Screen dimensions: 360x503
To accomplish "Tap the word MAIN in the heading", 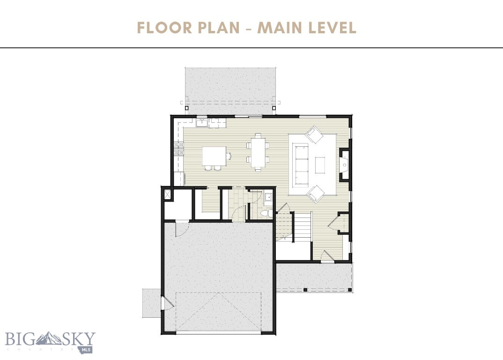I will click(280, 28).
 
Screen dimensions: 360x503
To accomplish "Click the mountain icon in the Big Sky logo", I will click(48, 338).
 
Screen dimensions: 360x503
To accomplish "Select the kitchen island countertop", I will click(214, 156).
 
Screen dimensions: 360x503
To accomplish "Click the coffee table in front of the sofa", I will click(320, 165).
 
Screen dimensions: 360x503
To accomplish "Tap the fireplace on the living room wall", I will click(344, 165).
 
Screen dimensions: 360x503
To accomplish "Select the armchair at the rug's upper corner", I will click(314, 135).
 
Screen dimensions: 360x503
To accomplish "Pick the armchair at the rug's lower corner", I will click(315, 193).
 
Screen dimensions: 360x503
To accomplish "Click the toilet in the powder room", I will click(266, 213).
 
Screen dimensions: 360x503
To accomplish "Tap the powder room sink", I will click(268, 197).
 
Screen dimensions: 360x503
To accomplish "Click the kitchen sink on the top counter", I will click(202, 123).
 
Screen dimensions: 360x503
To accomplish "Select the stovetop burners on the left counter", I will click(178, 149).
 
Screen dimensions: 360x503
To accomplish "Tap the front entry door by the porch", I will click(327, 257).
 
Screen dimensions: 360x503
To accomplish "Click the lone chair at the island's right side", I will click(229, 155).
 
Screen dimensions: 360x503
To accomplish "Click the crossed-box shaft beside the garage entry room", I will click(166, 195).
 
